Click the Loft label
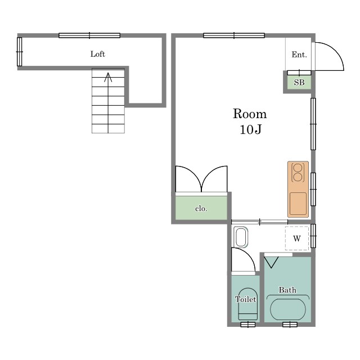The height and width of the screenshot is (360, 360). [97, 54]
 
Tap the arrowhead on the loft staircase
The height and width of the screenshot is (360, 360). [108, 77]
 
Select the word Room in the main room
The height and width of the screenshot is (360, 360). [250, 114]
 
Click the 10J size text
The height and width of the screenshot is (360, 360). [250, 129]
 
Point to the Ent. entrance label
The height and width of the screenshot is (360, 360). [299, 55]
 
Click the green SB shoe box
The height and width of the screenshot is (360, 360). [299, 82]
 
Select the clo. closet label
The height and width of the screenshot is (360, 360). [201, 209]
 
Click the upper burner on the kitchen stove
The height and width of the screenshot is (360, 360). [298, 168]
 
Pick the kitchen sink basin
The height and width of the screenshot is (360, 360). [298, 204]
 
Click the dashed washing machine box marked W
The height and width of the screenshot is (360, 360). [297, 238]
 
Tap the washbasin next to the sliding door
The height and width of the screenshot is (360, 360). [241, 237]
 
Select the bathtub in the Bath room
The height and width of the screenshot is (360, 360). [288, 309]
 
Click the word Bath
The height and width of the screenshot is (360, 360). [287, 290]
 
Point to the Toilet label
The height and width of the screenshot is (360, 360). [245, 299]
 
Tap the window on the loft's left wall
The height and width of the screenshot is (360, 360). [20, 52]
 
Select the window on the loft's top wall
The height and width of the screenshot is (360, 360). [89, 35]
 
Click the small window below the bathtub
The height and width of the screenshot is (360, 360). [290, 325]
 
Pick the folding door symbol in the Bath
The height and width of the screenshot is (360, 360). [271, 262]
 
